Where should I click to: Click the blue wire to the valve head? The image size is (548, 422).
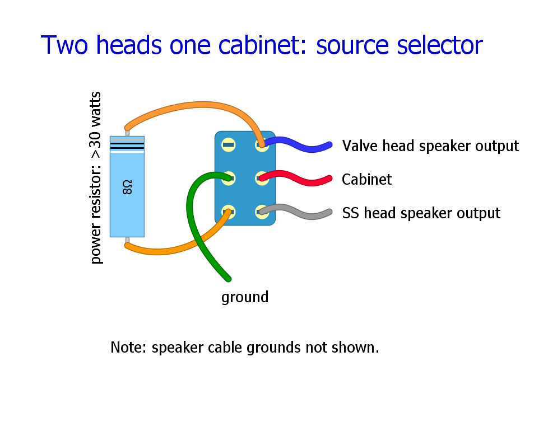click(303, 144)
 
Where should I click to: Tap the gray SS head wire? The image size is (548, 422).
click(303, 212)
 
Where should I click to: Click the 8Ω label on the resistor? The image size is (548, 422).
click(127, 187)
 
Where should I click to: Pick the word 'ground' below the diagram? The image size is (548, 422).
click(245, 297)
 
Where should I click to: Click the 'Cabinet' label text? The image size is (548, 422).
click(366, 180)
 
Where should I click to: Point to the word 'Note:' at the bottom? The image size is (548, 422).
click(129, 348)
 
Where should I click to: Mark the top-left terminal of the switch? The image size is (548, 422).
click(228, 145)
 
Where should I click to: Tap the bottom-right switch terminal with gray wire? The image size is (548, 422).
click(262, 212)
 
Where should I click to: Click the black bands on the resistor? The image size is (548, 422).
click(127, 146)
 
